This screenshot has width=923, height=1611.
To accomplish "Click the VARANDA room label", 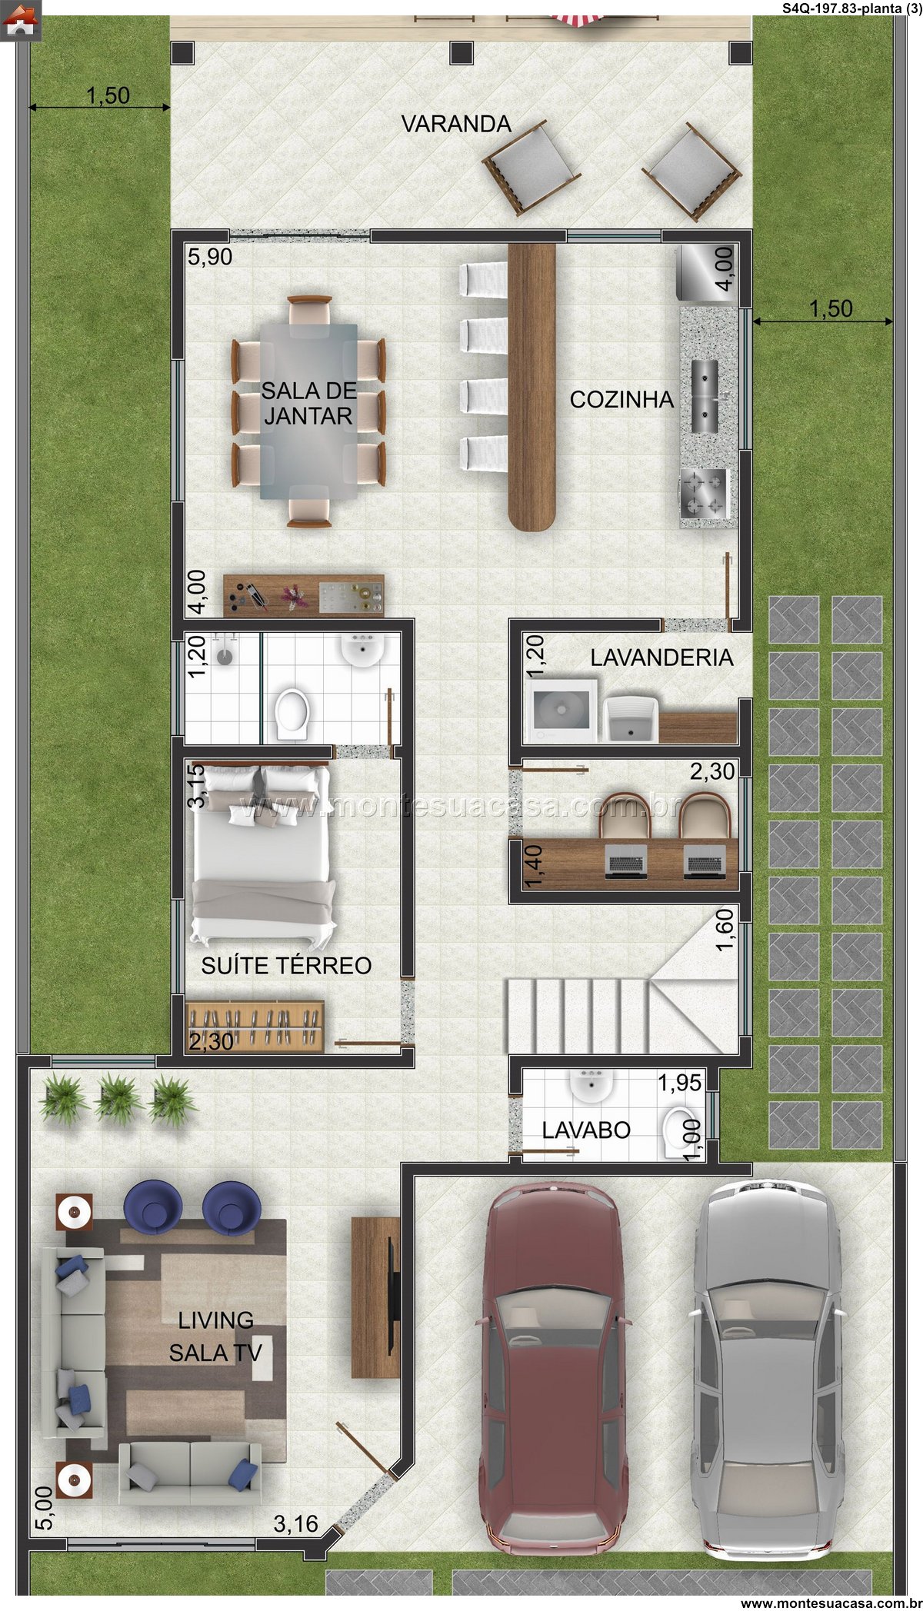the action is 456,124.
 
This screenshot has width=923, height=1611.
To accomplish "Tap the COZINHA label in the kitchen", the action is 621,399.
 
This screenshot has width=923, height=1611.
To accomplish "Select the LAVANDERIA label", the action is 661,657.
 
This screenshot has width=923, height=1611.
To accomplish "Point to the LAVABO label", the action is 586,1130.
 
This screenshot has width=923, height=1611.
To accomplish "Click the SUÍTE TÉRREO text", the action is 286,965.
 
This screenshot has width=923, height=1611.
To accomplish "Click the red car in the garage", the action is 555,1368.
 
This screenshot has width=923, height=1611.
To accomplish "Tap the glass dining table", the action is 308,411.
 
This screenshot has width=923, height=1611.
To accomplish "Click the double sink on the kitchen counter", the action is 705,396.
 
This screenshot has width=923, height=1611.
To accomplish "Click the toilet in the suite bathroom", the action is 293,714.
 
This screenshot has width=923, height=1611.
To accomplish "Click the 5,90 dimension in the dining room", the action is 210,257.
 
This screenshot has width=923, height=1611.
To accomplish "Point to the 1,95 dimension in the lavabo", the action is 679,1082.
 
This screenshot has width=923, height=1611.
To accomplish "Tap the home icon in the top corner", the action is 21,20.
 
